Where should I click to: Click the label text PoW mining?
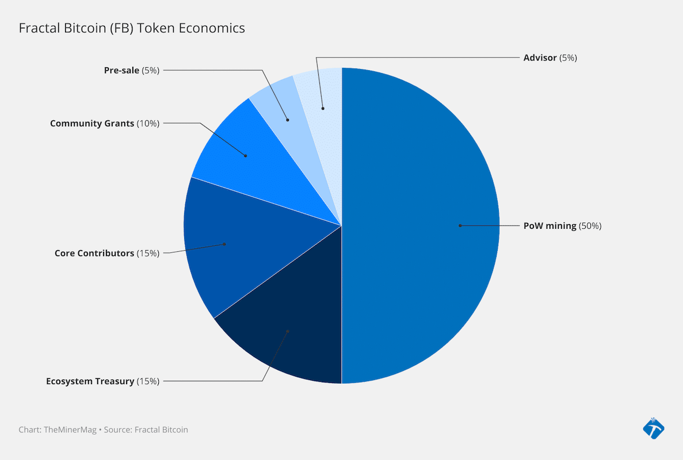(x=550, y=226)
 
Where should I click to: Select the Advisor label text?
(x=540, y=57)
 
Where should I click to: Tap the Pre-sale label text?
(x=121, y=70)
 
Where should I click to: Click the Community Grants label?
(x=92, y=123)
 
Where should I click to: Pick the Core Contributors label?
(x=94, y=253)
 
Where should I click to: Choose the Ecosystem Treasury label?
(x=90, y=381)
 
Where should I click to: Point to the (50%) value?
(x=590, y=226)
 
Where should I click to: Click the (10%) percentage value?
(x=148, y=123)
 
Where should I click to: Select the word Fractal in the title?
(x=37, y=28)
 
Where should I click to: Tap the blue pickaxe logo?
(x=653, y=428)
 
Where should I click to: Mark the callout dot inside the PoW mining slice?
(x=460, y=225)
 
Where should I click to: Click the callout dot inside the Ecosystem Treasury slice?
(x=288, y=331)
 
